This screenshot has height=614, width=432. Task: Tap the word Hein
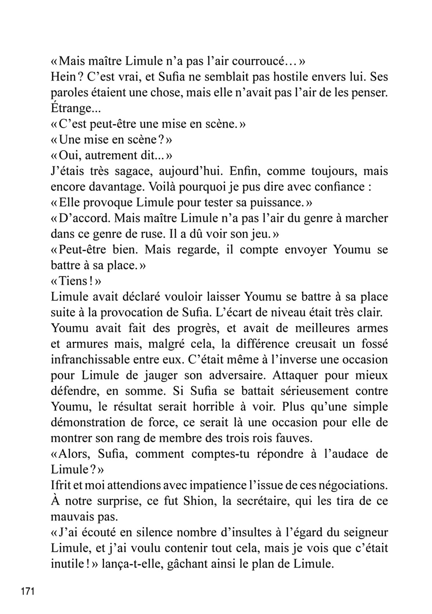point(61,77)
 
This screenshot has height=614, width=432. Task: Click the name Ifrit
point(59,485)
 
